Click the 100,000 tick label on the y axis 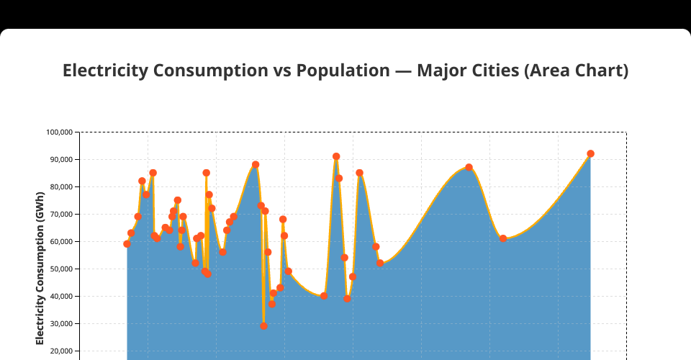pyautogui.click(x=60, y=132)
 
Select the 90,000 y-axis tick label pyautogui.click(x=61, y=160)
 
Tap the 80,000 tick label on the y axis pyautogui.click(x=61, y=187)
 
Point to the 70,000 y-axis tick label pyautogui.click(x=61, y=215)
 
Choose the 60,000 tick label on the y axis pyautogui.click(x=61, y=242)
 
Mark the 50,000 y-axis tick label pyautogui.click(x=61, y=269)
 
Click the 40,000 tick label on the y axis pyautogui.click(x=61, y=297)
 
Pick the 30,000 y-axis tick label pyautogui.click(x=61, y=324)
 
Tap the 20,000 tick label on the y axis pyautogui.click(x=61, y=351)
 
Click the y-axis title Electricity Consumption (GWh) pyautogui.click(x=40, y=266)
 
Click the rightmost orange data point pyautogui.click(x=590, y=153)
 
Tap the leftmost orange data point pyautogui.click(x=127, y=244)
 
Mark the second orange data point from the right pyautogui.click(x=503, y=238)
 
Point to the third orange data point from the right pyautogui.click(x=469, y=167)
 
